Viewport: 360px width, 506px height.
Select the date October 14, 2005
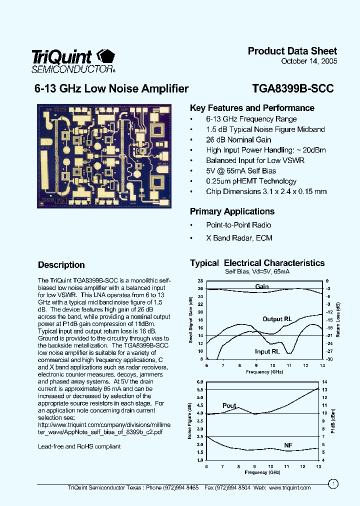(309, 61)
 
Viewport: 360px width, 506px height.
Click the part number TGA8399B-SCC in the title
(293, 89)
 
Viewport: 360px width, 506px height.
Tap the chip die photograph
(104, 155)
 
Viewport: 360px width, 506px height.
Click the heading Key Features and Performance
(252, 108)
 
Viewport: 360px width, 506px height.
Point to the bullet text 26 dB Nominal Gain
(238, 140)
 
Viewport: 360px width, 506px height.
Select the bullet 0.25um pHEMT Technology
(251, 181)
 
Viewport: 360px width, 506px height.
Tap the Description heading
(61, 265)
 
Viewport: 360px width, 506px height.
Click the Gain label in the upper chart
(262, 286)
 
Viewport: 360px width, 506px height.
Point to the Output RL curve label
(277, 319)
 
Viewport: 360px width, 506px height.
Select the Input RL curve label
(267, 351)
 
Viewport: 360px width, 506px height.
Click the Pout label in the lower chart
(229, 405)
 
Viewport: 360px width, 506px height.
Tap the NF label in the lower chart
(288, 445)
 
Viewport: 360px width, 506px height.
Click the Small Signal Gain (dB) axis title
(190, 320)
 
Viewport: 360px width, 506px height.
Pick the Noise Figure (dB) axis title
(190, 420)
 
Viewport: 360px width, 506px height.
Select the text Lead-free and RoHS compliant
(79, 446)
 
